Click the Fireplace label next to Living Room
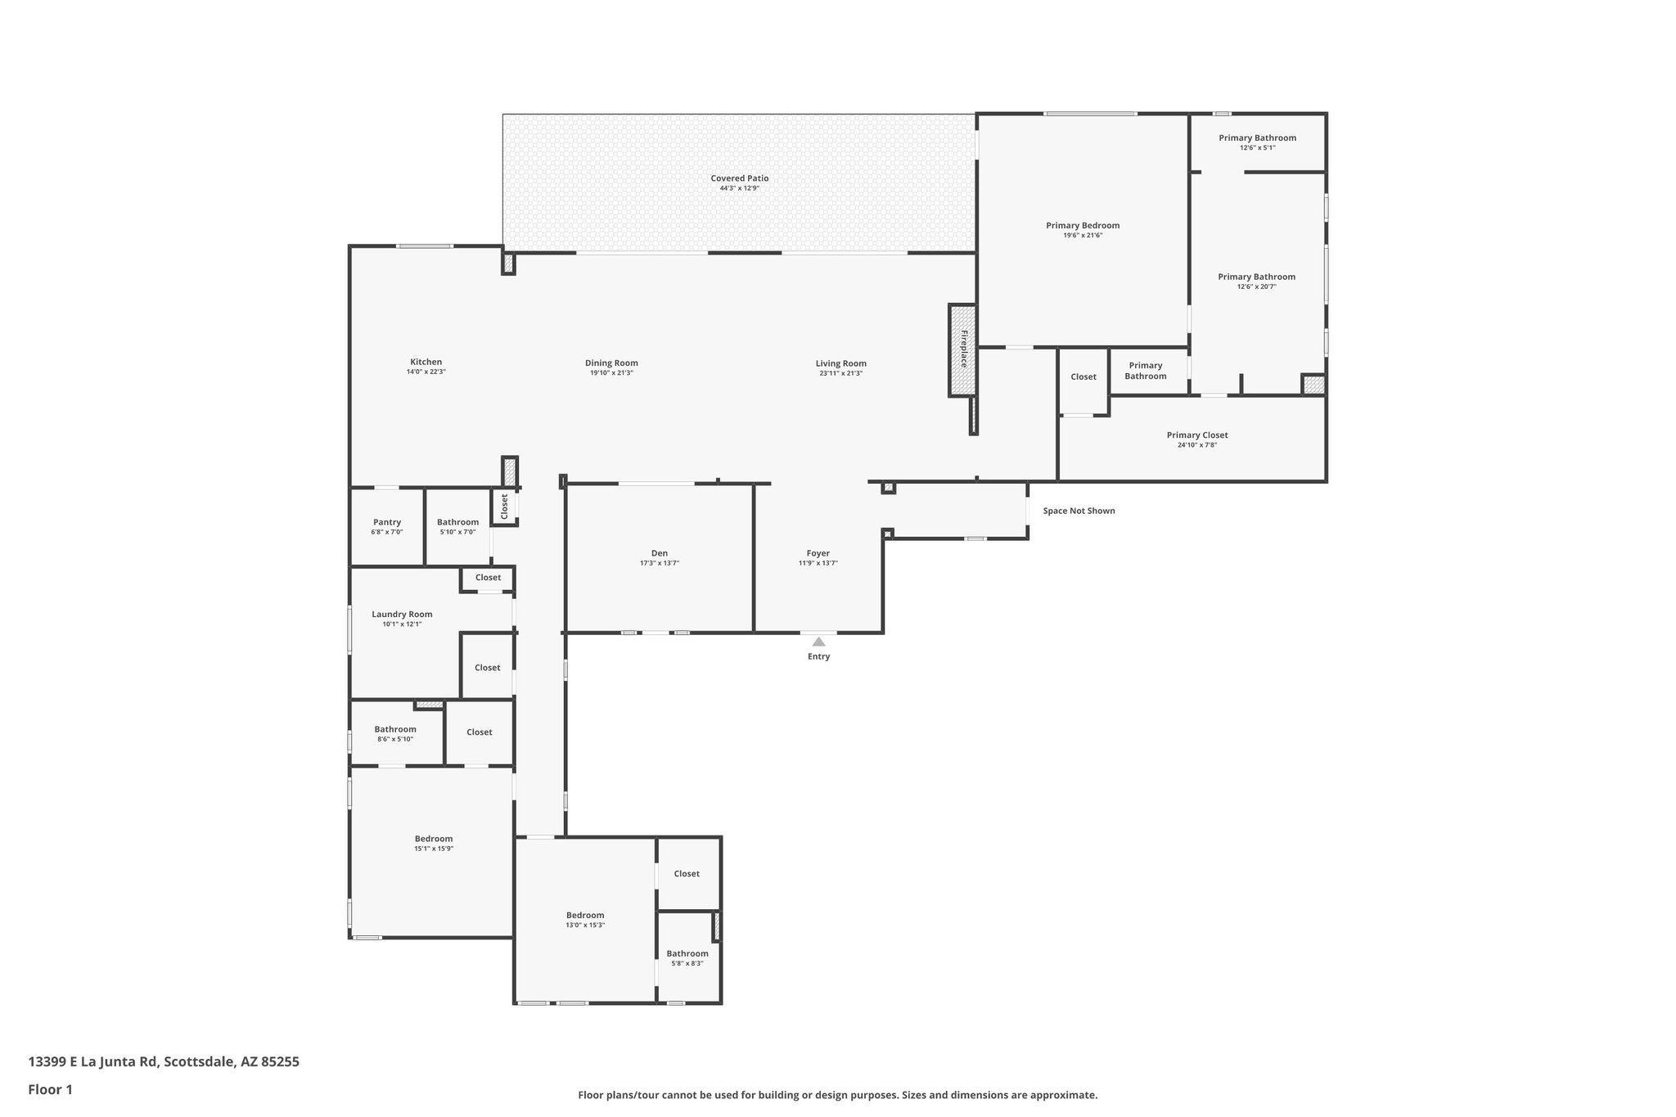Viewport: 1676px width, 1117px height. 964,349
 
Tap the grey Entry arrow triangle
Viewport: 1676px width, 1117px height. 818,642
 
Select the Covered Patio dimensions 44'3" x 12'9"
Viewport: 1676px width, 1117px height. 739,188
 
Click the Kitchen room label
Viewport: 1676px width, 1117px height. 426,362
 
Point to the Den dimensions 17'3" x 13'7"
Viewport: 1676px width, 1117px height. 659,563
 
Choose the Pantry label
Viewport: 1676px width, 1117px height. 387,522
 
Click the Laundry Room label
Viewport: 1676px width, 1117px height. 402,615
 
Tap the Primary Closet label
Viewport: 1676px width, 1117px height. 1196,435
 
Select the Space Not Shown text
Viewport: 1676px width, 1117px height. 1079,511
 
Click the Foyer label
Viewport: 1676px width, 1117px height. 818,554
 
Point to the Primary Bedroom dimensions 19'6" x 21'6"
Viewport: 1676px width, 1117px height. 1082,236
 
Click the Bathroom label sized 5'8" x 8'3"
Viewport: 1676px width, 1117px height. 687,953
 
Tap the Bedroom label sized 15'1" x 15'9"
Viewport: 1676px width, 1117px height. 433,839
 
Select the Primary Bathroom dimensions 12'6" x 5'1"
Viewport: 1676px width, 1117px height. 1257,147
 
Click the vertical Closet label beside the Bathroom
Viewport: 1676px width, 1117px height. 504,507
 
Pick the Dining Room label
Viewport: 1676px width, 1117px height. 611,363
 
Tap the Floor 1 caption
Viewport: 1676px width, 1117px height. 50,1089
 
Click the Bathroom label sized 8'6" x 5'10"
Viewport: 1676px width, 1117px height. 395,729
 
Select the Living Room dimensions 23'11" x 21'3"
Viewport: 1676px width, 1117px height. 840,373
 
